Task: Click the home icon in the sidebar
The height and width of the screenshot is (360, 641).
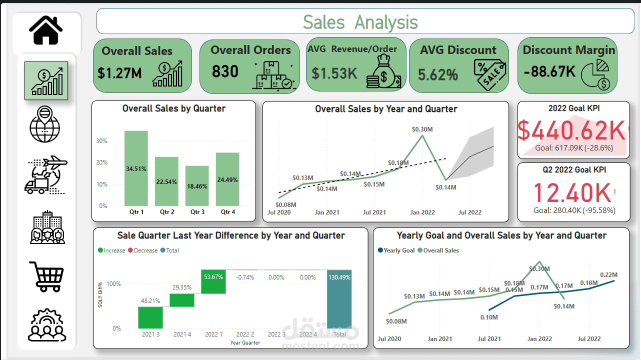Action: tap(46, 30)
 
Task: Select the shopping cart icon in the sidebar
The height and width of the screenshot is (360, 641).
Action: tap(46, 276)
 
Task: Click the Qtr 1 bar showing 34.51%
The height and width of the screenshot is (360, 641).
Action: tap(136, 168)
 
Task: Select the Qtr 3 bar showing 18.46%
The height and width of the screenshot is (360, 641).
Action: tap(197, 185)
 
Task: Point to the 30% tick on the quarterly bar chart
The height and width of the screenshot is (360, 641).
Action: tap(101, 141)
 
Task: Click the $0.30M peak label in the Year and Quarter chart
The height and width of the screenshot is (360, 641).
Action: tap(422, 129)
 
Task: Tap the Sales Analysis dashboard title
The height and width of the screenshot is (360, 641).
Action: tap(360, 22)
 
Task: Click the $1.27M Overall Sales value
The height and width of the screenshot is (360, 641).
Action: tap(119, 73)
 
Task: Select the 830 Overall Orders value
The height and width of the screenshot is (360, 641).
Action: tap(225, 72)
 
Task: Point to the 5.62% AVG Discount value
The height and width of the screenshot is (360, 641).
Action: tap(438, 75)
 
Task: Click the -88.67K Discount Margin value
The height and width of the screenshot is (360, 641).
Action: tap(549, 72)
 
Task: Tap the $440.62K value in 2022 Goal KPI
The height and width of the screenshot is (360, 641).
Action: tap(570, 130)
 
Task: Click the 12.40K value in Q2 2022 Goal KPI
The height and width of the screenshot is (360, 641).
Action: tap(572, 192)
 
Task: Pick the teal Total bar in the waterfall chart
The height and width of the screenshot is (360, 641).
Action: tap(339, 299)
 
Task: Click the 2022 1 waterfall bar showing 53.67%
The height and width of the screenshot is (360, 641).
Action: tap(213, 281)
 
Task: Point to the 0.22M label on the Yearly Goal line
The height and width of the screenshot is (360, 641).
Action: tap(608, 274)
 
